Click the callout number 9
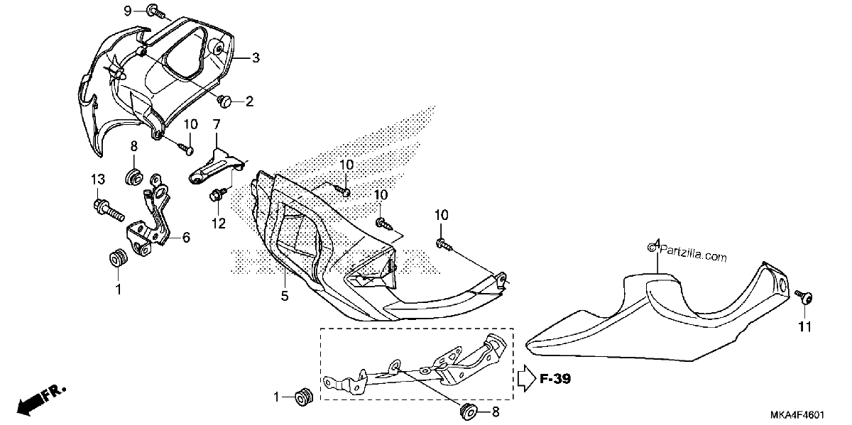click(128, 11)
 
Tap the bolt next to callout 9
click(156, 11)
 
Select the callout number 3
click(256, 58)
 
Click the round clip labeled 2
click(225, 101)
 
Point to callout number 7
click(217, 124)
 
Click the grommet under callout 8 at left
click(134, 177)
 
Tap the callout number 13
click(98, 179)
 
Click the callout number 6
click(186, 238)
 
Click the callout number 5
click(285, 295)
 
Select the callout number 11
click(804, 326)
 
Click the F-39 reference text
click(555, 379)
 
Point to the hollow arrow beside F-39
click(527, 378)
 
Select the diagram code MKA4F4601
click(798, 414)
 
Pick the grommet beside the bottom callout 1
click(305, 397)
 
